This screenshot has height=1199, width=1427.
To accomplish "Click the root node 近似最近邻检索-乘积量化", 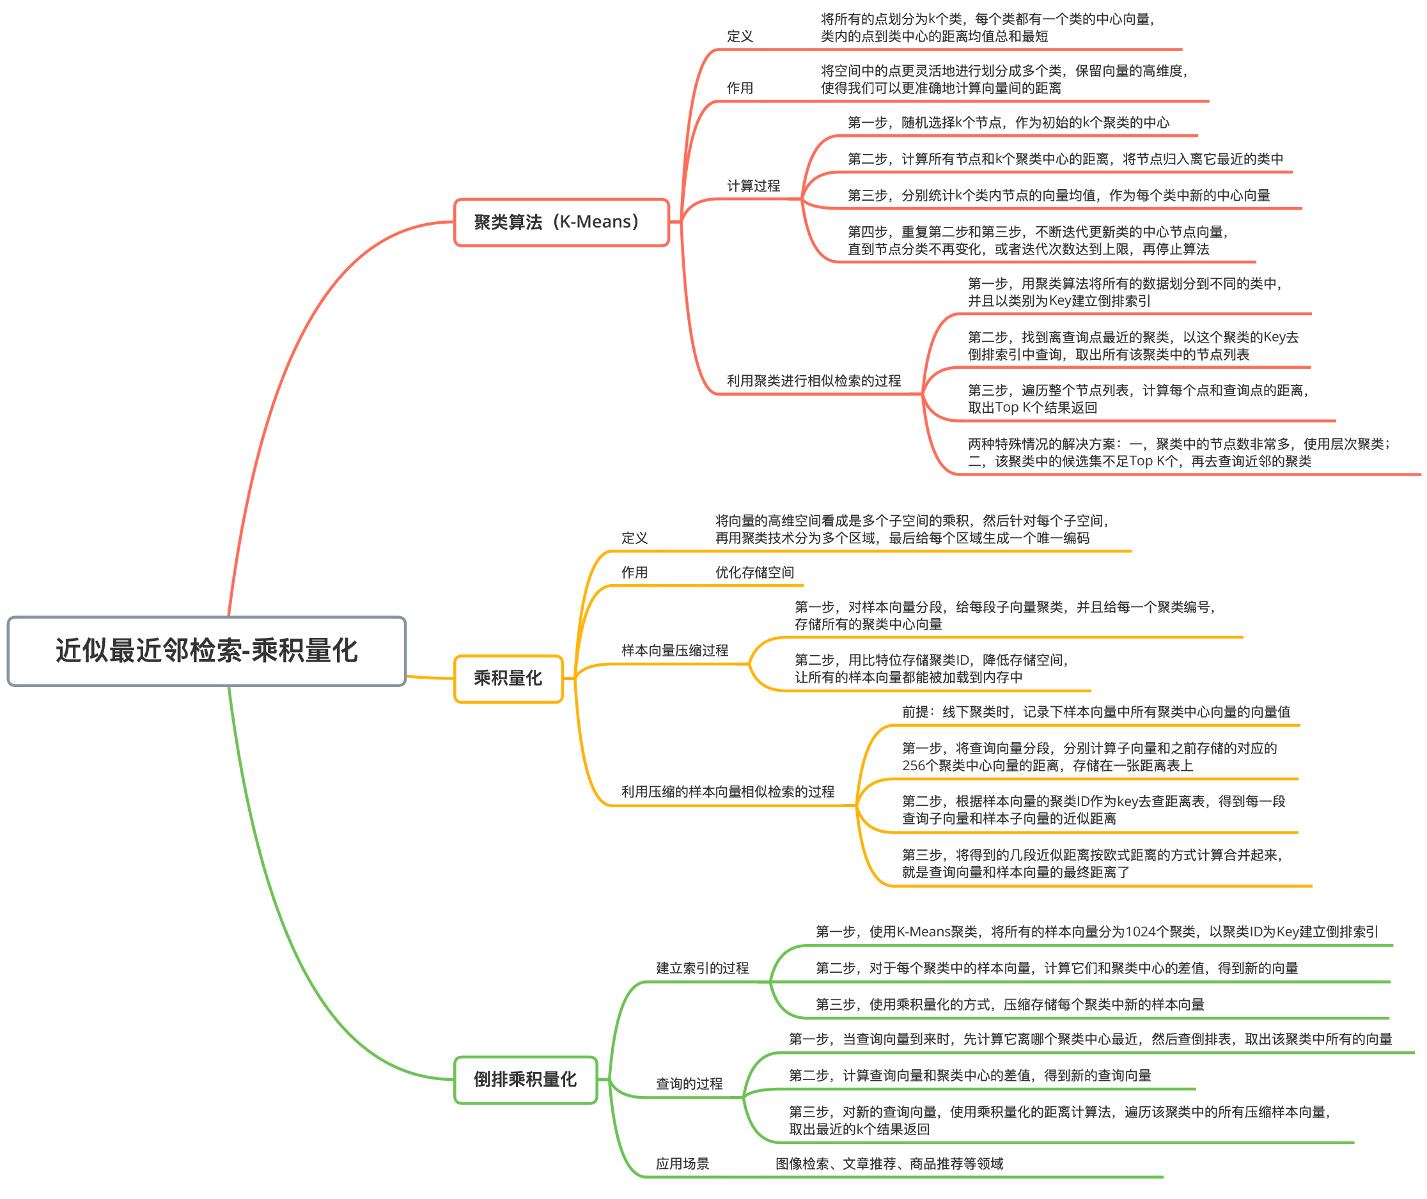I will click(x=206, y=651).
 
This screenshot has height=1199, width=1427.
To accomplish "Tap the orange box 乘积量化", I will click(x=508, y=677).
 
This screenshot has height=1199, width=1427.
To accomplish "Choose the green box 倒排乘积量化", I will click(x=525, y=1079).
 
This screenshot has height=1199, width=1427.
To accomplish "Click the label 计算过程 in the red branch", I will click(x=752, y=185).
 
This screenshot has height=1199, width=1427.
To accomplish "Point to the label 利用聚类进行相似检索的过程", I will click(x=813, y=381).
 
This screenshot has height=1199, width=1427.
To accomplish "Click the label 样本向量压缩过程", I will click(x=675, y=651).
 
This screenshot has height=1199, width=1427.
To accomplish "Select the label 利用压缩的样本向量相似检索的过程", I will click(x=728, y=791).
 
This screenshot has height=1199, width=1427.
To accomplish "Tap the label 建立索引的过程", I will click(x=702, y=967).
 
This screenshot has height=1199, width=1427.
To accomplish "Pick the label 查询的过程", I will click(x=689, y=1083).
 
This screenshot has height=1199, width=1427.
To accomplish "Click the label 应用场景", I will click(x=682, y=1163).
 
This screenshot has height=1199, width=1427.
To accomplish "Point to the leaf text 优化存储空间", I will click(x=754, y=572).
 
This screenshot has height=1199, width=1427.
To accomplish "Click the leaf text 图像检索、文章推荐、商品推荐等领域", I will click(x=889, y=1163).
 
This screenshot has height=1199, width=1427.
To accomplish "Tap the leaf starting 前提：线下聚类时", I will click(x=1095, y=711).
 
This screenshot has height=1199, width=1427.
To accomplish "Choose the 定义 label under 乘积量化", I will click(x=634, y=538).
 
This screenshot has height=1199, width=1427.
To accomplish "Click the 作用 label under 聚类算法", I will click(x=740, y=88).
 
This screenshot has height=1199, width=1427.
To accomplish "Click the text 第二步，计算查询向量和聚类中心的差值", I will click(x=969, y=1074).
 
